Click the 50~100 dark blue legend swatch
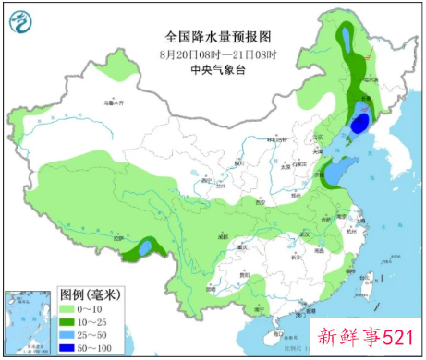pyautogui.click(x=69, y=348)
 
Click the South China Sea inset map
pyautogui.click(x=28, y=323)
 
